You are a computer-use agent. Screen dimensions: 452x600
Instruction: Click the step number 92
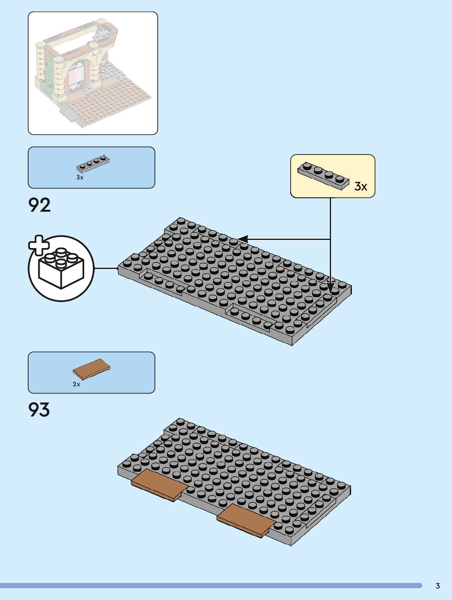click(40, 205)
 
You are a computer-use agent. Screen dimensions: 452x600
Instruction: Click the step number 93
click(39, 410)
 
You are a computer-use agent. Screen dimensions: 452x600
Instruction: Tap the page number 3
click(438, 586)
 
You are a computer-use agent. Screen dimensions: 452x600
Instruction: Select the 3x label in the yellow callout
click(361, 187)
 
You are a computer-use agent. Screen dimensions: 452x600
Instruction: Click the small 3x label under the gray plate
click(80, 178)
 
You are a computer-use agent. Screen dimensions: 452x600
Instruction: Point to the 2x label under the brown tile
click(76, 384)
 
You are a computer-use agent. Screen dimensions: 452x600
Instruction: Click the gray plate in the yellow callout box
click(324, 175)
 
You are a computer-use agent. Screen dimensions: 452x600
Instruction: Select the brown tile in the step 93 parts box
click(92, 369)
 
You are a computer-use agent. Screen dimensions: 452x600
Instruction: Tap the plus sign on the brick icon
click(39, 245)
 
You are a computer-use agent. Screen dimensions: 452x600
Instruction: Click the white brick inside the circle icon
click(61, 270)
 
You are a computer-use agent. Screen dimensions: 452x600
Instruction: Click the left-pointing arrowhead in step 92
click(243, 239)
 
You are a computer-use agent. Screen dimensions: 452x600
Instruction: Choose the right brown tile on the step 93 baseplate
click(246, 520)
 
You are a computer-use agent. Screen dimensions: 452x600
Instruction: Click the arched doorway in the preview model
click(78, 78)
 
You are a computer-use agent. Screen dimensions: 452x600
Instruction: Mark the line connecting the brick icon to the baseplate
click(106, 268)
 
